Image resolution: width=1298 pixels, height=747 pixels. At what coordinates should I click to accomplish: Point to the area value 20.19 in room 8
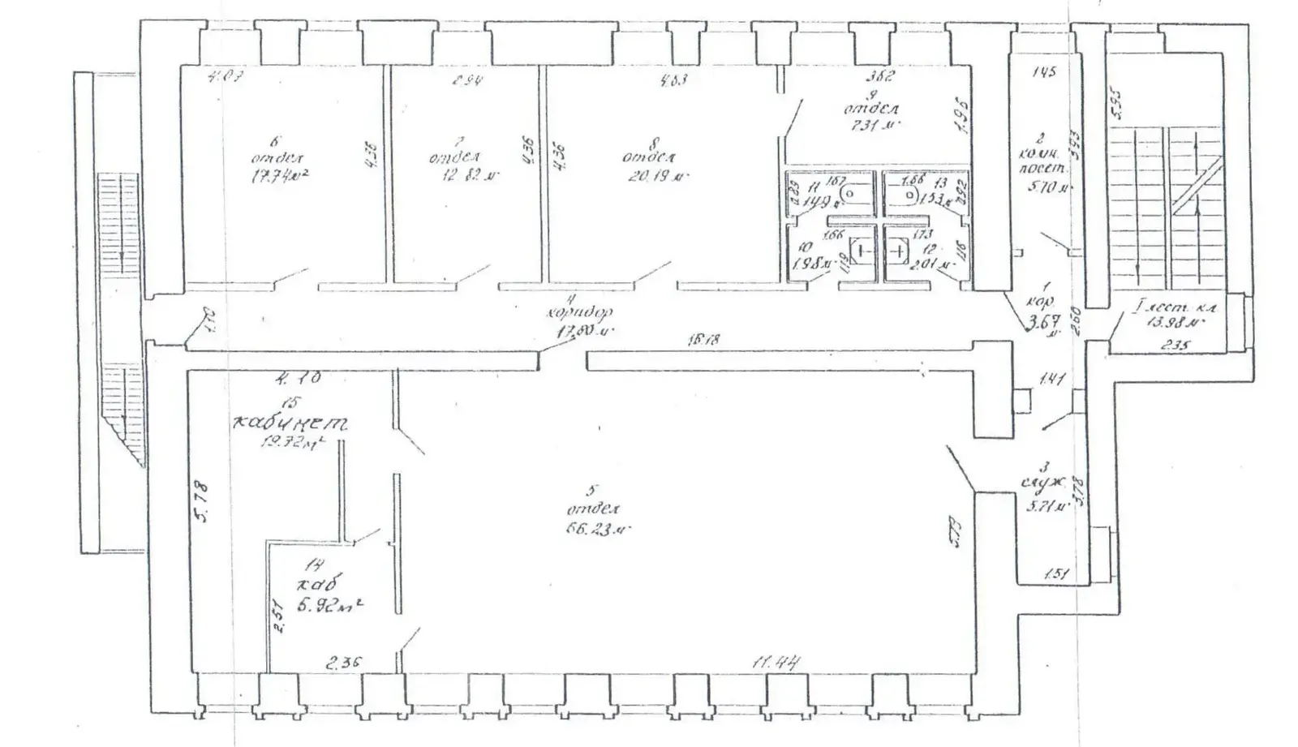pyautogui.click(x=654, y=175)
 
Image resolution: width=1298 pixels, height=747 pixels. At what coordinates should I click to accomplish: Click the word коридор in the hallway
pyautogui.click(x=579, y=312)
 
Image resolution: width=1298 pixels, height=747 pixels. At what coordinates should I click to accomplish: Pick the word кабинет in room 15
pyautogui.click(x=290, y=423)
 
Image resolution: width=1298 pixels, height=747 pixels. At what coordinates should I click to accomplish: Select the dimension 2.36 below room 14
pyautogui.click(x=344, y=663)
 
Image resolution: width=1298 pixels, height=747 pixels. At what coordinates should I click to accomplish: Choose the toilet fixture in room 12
pyautogui.click(x=898, y=252)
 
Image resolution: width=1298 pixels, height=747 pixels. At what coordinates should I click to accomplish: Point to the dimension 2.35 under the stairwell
pyautogui.click(x=1176, y=345)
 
